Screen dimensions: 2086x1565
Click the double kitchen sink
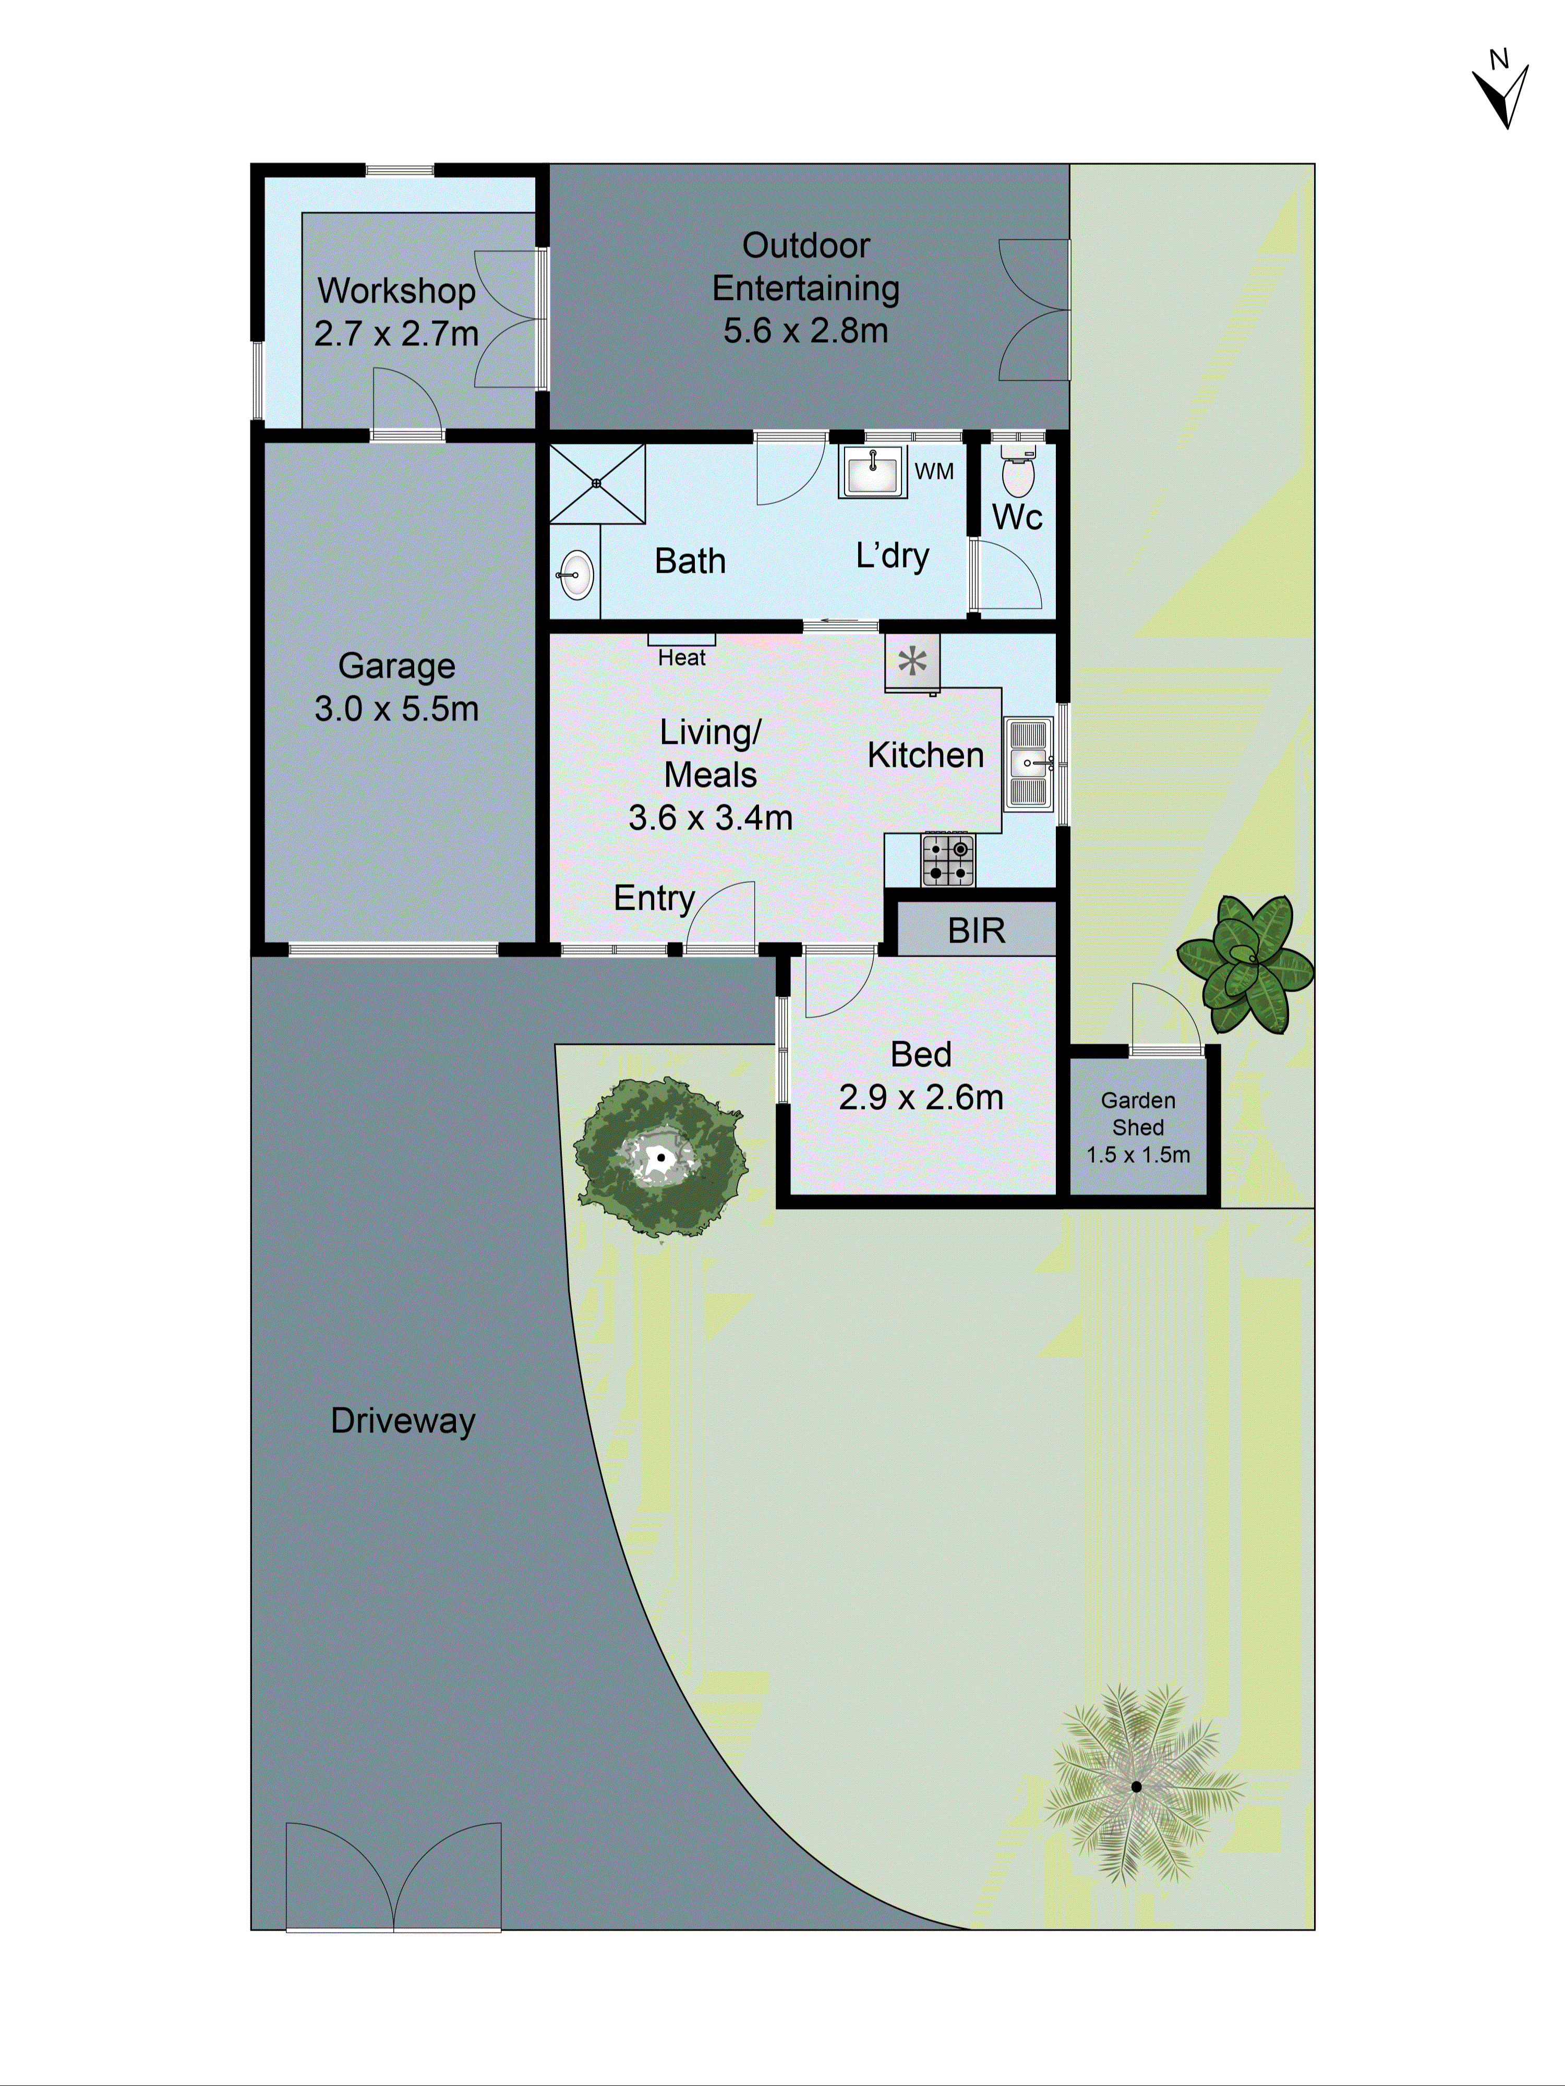pyautogui.click(x=1027, y=763)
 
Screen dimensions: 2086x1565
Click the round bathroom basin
pyautogui.click(x=575, y=574)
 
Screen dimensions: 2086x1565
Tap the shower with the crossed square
pyautogui.click(x=597, y=484)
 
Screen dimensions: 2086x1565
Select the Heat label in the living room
pyautogui.click(x=681, y=657)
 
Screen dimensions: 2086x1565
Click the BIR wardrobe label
pyautogui.click(x=977, y=931)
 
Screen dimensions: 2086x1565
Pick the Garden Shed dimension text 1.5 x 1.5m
pyautogui.click(x=1138, y=1154)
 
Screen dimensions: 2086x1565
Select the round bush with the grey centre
pyautogui.click(x=660, y=1157)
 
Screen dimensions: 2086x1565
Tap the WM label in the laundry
pyautogui.click(x=934, y=471)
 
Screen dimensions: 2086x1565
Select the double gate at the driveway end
pyautogui.click(x=393, y=1877)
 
